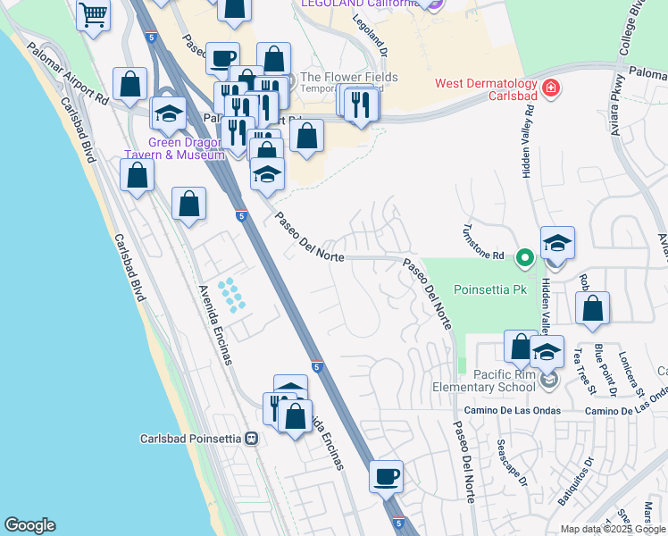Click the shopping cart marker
[93, 15]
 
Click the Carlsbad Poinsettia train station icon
[252, 439]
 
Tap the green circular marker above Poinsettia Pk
[526, 259]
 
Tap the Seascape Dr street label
[514, 465]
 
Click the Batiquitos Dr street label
[575, 482]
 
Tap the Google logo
[29, 525]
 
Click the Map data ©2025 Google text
[612, 529]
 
